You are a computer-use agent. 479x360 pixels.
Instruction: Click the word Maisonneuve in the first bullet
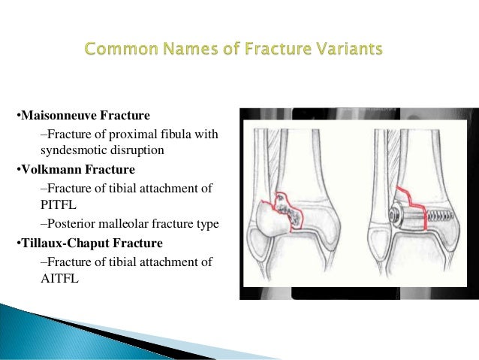click(x=55, y=116)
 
